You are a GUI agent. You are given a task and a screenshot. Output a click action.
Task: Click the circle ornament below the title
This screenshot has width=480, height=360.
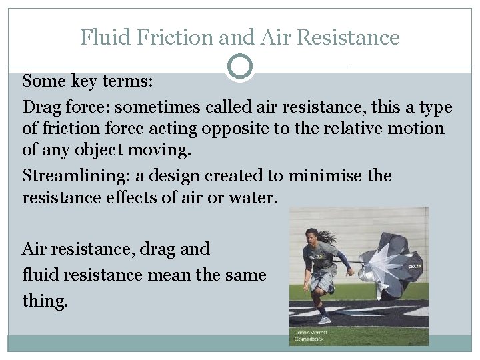pos(240,67)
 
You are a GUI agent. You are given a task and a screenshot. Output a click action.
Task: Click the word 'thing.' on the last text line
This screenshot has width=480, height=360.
pos(45,300)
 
